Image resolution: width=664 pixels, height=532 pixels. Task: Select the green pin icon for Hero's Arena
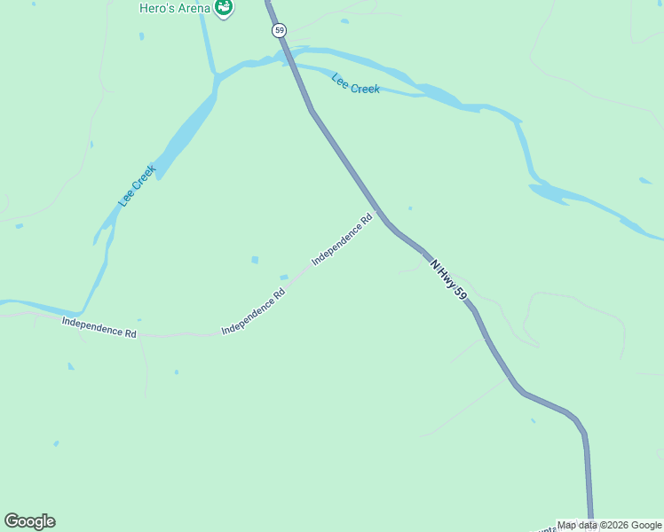point(224,8)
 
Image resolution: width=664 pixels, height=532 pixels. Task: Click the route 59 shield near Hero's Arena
point(280,30)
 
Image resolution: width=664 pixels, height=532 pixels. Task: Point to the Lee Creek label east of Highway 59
point(356,84)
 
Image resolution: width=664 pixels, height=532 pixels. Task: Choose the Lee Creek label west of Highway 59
point(138,186)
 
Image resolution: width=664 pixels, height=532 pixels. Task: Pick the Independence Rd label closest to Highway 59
point(342,239)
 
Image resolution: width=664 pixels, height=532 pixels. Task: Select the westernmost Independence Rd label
point(99,326)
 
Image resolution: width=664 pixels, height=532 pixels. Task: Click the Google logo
point(29,521)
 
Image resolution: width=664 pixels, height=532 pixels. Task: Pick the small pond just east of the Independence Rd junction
point(409,208)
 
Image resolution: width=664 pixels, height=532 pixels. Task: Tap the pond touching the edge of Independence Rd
point(284,278)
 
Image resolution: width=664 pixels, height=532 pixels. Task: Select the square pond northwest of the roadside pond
point(255,260)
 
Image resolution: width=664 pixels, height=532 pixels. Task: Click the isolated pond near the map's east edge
point(644,181)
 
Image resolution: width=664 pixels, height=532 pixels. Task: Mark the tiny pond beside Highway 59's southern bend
point(533,420)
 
